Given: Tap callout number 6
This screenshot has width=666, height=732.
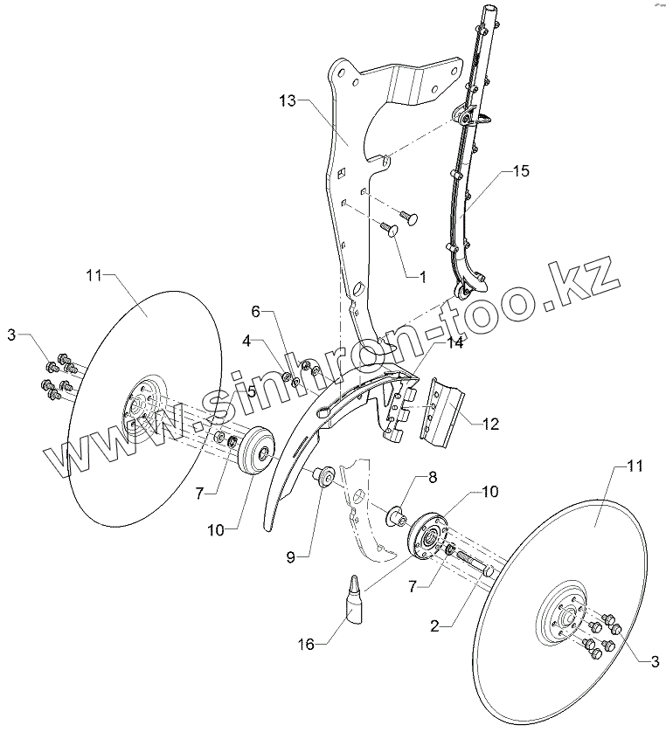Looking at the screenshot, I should click(x=256, y=311).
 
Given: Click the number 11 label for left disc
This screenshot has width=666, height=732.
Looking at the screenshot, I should click(x=94, y=275).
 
